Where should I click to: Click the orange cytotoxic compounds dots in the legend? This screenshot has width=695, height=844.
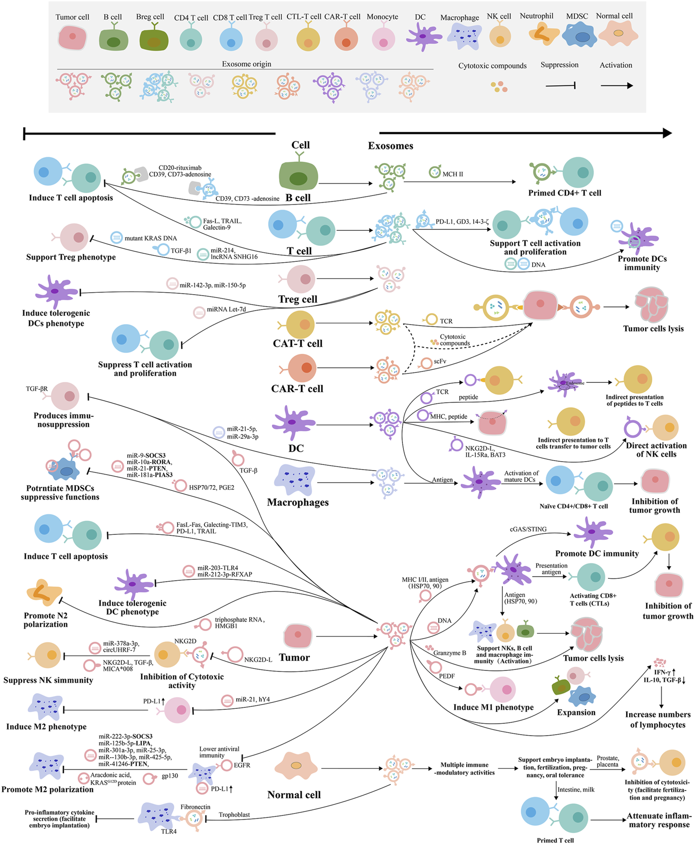[499, 87]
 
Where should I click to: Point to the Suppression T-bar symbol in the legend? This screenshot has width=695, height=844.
[561, 85]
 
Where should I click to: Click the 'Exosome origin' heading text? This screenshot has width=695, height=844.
[247, 64]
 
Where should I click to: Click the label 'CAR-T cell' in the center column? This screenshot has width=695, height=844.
[297, 388]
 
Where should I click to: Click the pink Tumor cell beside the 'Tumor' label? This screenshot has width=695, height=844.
[298, 636]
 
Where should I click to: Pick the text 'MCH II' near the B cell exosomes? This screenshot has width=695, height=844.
[453, 174]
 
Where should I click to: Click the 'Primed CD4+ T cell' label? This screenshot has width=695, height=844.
[564, 193]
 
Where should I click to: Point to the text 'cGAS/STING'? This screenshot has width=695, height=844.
[528, 529]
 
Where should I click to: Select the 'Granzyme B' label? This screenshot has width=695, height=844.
[449, 653]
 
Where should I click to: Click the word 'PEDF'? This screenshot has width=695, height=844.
[447, 676]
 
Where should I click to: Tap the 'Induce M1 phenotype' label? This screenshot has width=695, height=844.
[493, 707]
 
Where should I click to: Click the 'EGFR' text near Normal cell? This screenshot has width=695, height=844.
[242, 765]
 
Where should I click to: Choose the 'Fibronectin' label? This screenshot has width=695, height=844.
[195, 807]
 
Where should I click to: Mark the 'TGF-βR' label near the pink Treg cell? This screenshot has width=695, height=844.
[37, 389]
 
